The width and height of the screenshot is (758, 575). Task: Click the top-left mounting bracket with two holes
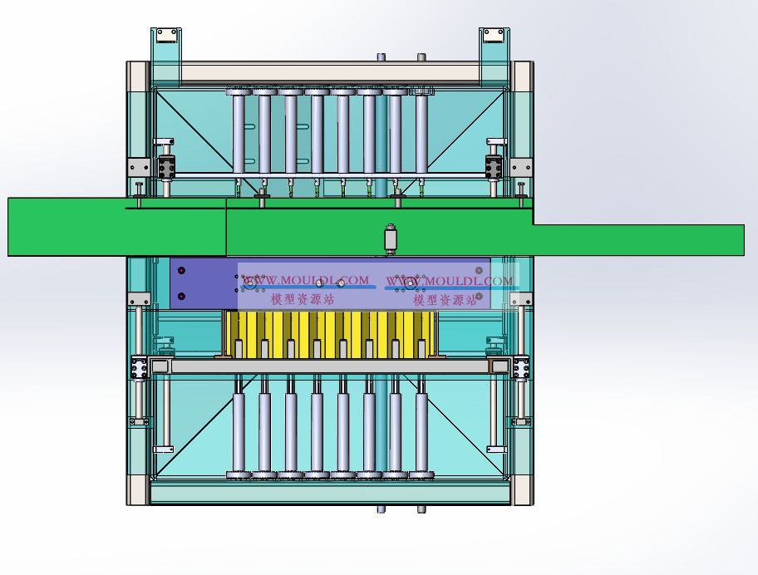pyautogui.click(x=167, y=35)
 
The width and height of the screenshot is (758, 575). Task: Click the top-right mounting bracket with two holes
pyautogui.click(x=494, y=35)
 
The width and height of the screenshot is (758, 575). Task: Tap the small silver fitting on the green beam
pyautogui.click(x=391, y=238)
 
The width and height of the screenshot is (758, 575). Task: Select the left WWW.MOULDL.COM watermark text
pyautogui.click(x=306, y=280)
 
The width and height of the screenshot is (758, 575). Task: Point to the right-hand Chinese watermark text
pyautogui.click(x=445, y=300)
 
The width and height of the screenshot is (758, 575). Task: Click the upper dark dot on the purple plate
pyautogui.click(x=181, y=271)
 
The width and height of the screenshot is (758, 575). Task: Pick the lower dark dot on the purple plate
pyautogui.click(x=181, y=296)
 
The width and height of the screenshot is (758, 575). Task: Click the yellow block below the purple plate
pyautogui.click(x=330, y=334)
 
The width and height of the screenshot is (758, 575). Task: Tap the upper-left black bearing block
pyautogui.click(x=167, y=167)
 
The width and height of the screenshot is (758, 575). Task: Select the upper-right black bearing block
pyautogui.click(x=494, y=167)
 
